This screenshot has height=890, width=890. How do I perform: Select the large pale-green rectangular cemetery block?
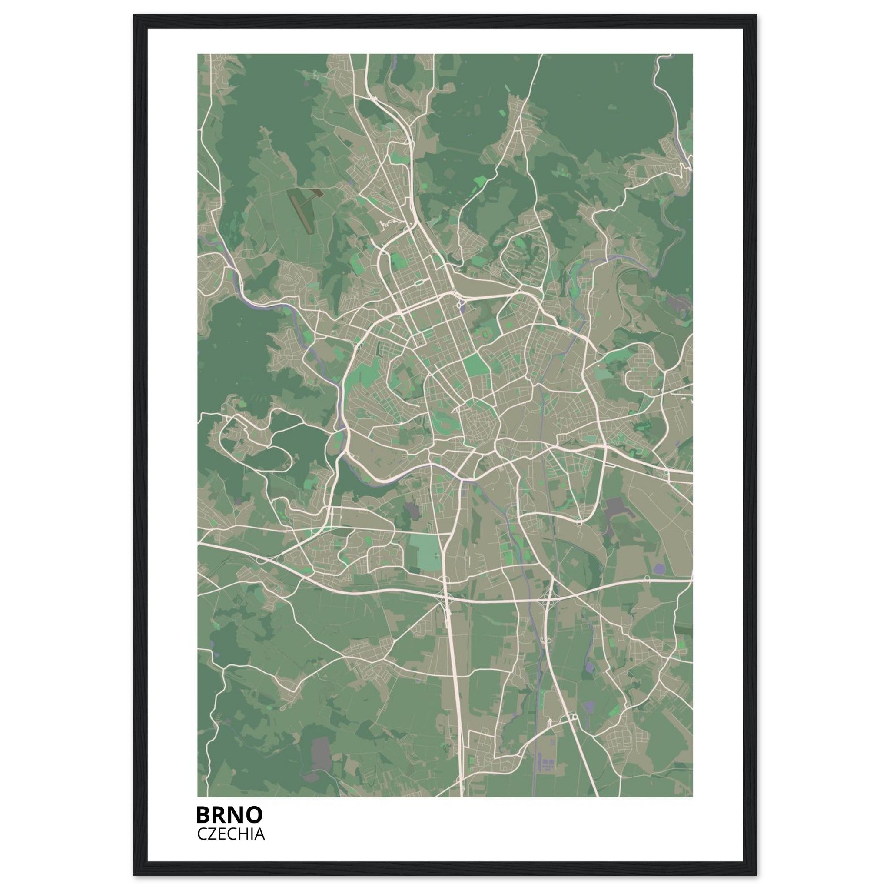point(423,551)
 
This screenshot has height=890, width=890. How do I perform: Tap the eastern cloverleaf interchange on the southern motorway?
point(548,598)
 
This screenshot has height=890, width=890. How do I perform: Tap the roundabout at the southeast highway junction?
point(573,717)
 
